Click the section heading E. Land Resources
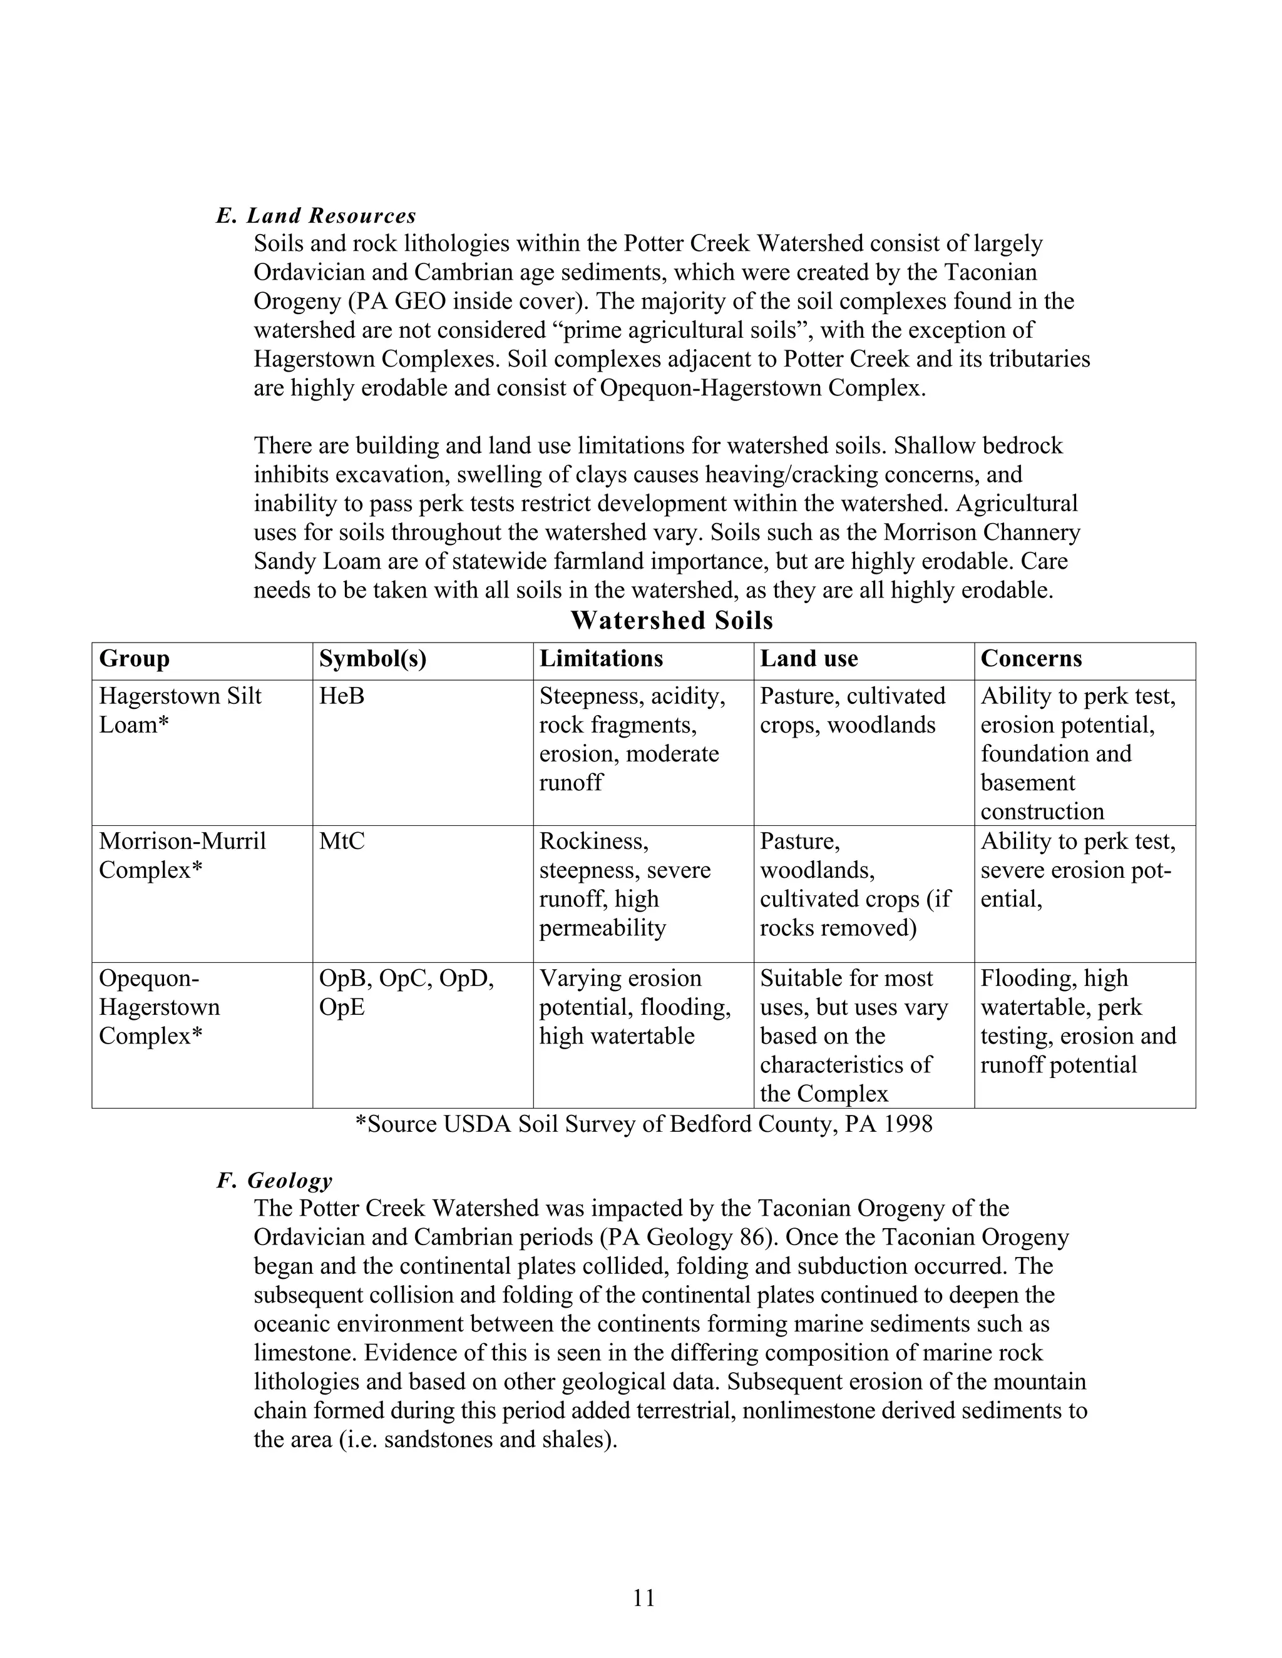316,216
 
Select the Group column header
134,658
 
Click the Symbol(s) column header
372,658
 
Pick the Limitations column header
601,658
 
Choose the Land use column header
809,658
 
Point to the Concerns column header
1030,658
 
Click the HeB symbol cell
341,696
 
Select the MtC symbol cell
341,841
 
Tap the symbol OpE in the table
341,1007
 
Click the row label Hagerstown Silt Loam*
180,710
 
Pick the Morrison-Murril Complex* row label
182,855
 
